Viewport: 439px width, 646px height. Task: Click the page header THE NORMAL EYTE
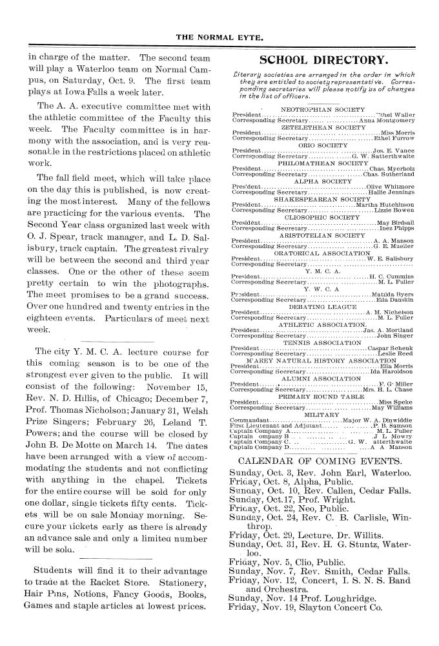[x=219, y=39]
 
